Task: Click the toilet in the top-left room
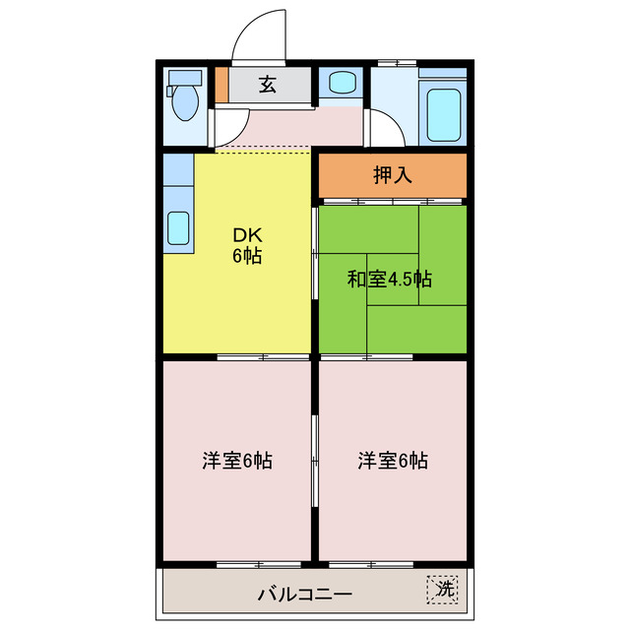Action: tap(183, 98)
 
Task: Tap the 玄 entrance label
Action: tap(267, 86)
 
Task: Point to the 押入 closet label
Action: tap(392, 175)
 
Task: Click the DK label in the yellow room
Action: tap(246, 235)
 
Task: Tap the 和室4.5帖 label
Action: tap(389, 279)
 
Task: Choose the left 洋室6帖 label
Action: tap(237, 460)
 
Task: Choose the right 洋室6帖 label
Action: tap(393, 460)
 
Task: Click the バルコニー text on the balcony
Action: tap(305, 594)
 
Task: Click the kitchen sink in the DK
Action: tap(178, 228)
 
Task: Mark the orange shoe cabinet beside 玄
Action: tap(221, 85)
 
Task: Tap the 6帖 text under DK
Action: tap(247, 257)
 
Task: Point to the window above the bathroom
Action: tap(393, 64)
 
